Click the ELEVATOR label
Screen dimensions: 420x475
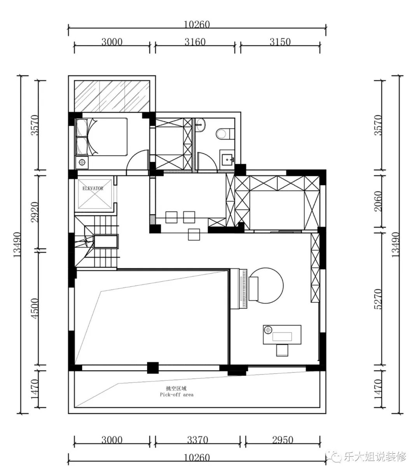[93, 188]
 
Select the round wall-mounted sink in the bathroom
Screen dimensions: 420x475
[201, 124]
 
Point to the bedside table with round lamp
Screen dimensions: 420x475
[82, 162]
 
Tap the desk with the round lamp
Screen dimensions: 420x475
[282, 334]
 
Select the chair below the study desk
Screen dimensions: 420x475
[282, 350]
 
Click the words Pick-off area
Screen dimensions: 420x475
[177, 395]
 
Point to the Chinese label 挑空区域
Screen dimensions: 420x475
[176, 388]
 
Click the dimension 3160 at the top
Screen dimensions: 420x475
[195, 42]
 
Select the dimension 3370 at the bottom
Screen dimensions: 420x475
[198, 440]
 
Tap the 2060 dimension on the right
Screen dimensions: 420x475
[378, 201]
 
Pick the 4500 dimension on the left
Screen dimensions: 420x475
[35, 308]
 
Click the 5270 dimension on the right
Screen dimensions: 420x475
[378, 299]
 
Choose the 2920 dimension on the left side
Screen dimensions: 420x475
[35, 212]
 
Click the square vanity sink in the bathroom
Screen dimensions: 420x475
[227, 160]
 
